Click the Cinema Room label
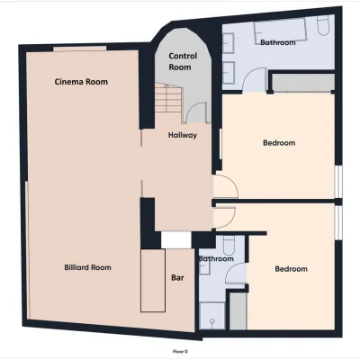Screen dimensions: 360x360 (81, 82)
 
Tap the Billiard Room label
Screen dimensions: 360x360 (87, 267)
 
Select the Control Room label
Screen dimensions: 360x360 (183, 61)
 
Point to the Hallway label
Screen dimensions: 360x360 (183, 135)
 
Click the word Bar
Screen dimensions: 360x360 (177, 278)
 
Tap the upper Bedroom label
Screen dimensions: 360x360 (279, 143)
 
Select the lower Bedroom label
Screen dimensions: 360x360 (291, 269)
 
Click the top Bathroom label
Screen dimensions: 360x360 (278, 42)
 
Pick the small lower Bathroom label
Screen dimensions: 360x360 (216, 258)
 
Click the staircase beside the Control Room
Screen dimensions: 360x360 (168, 98)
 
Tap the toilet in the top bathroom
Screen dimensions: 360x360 (323, 24)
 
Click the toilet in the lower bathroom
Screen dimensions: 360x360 (229, 244)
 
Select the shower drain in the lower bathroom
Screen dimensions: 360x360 (212, 321)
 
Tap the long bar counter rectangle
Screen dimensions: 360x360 (153, 281)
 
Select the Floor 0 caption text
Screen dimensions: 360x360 (180, 351)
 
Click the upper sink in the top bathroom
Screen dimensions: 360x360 (228, 43)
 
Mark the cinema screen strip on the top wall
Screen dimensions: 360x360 (80, 49)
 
